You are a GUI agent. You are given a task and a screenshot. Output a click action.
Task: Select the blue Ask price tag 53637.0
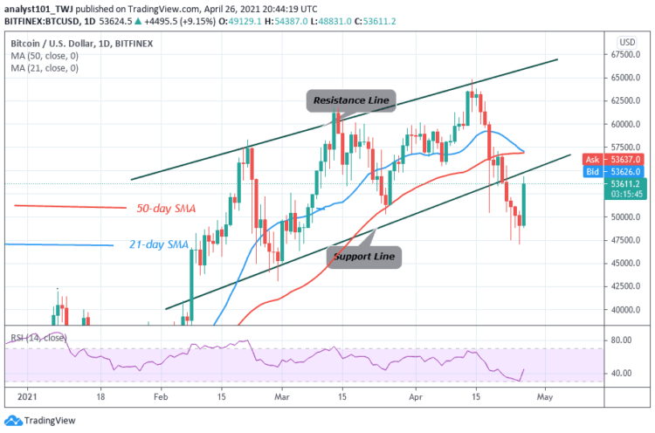coord(625,161)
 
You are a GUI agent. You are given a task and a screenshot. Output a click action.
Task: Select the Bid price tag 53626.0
coord(625,173)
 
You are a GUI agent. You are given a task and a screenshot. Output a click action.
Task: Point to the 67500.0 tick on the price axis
coord(625,54)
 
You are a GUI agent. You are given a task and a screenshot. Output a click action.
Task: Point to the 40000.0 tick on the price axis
coord(625,309)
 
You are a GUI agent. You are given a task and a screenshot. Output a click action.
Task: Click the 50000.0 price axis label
coord(625,216)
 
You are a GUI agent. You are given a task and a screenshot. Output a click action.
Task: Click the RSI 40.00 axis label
coord(622,373)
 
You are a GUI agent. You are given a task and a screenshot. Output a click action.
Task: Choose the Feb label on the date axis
coord(162,395)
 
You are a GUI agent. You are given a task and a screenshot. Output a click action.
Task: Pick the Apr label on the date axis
coord(417,395)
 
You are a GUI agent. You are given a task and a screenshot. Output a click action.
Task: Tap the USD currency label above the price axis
coord(626,42)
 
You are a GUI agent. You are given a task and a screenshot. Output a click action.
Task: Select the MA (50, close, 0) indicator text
coord(44,54)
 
